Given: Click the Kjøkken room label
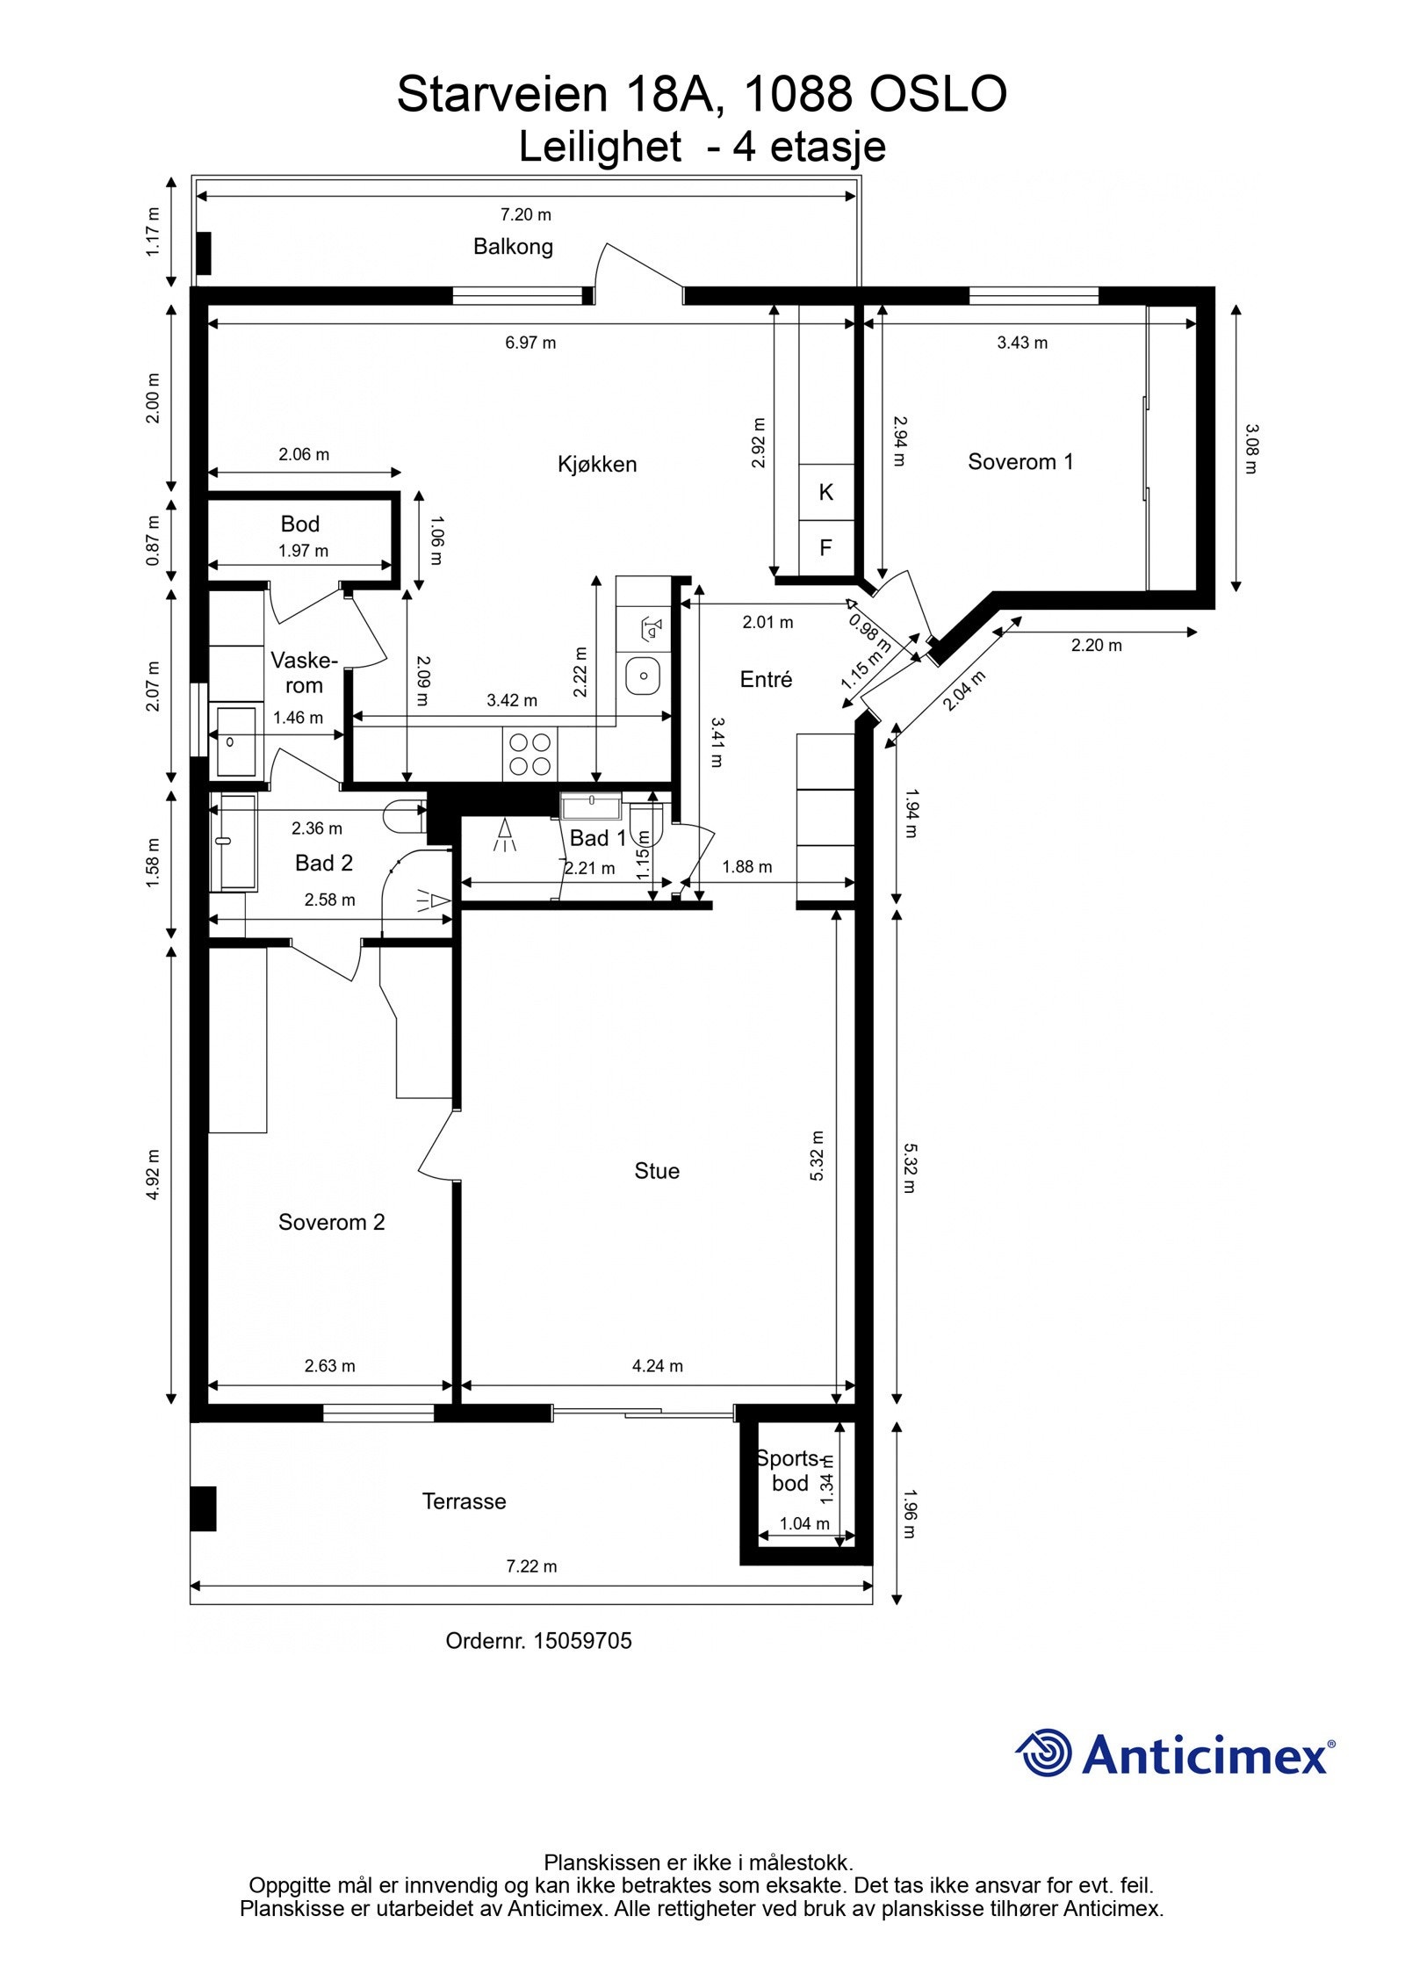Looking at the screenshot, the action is (x=596, y=464).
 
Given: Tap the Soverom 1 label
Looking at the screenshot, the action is (x=1020, y=461).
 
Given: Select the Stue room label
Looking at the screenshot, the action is (x=657, y=1170).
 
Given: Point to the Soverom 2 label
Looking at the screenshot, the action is (x=331, y=1222).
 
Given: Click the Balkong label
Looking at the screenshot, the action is (x=513, y=247).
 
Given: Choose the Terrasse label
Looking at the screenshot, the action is (x=464, y=1501).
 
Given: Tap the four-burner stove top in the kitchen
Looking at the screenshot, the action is (x=530, y=754).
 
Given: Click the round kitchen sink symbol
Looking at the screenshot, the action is (x=644, y=676).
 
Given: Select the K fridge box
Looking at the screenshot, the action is (x=825, y=492).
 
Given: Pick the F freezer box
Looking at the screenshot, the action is (x=825, y=548).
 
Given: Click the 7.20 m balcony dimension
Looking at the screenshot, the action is (x=525, y=214).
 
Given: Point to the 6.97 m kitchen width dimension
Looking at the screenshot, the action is (x=530, y=343).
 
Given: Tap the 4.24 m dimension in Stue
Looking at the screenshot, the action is (x=657, y=1366).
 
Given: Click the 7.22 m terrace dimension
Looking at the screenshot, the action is (x=531, y=1566).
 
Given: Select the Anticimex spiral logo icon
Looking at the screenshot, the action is (x=1043, y=1753).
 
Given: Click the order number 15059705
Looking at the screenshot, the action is (x=580, y=1641).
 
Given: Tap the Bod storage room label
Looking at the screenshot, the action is (x=299, y=524).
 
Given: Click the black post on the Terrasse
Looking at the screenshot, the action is (x=203, y=1508).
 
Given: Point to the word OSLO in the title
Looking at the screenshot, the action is (x=937, y=94).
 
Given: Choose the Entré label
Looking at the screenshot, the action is (x=766, y=679).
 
